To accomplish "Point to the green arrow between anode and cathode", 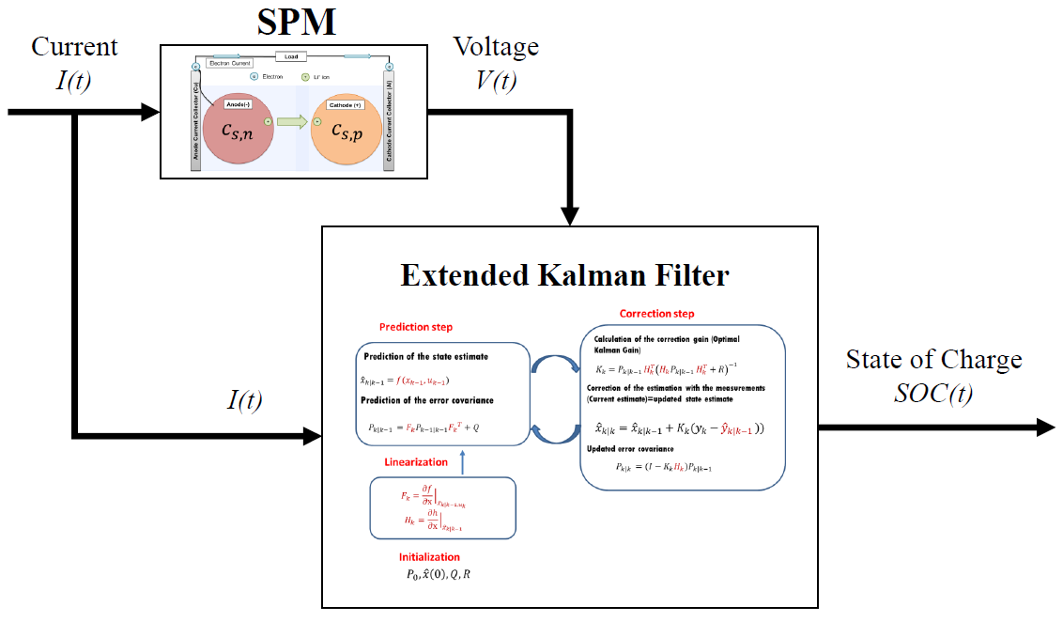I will click(x=290, y=123).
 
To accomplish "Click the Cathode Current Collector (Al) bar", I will click(x=388, y=118).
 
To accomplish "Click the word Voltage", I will click(x=496, y=46).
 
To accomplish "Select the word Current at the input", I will click(x=74, y=46).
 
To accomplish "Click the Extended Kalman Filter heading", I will click(x=564, y=275).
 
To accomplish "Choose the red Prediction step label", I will click(x=416, y=327).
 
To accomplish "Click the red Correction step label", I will click(x=657, y=313).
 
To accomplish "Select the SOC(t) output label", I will click(x=933, y=394).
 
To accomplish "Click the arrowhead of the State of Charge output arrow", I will click(x=1044, y=428).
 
